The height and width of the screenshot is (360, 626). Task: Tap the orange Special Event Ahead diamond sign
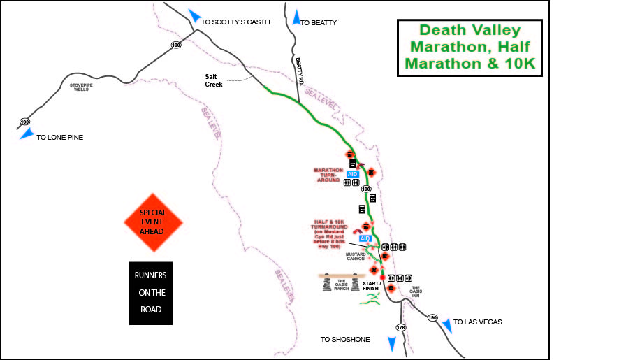click(x=153, y=223)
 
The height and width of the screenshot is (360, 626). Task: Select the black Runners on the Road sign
click(x=150, y=293)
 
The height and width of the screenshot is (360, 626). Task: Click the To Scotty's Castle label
click(x=236, y=22)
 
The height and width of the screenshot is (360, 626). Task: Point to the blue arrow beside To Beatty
click(x=296, y=17)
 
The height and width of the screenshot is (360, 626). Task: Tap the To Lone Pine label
click(x=59, y=138)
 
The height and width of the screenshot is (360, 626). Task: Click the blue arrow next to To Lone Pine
click(x=27, y=134)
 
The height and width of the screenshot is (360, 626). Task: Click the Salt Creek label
click(x=213, y=80)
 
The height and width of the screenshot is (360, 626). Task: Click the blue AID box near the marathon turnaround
click(x=352, y=174)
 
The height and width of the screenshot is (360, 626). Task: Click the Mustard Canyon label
click(x=356, y=257)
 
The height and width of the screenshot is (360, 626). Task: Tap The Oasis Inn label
click(x=416, y=291)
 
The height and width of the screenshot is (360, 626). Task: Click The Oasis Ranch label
click(x=341, y=286)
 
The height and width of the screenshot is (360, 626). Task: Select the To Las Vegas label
click(x=478, y=322)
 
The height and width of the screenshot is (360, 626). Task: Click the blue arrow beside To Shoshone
click(x=391, y=343)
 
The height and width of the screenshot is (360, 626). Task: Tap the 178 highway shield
click(x=400, y=327)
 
